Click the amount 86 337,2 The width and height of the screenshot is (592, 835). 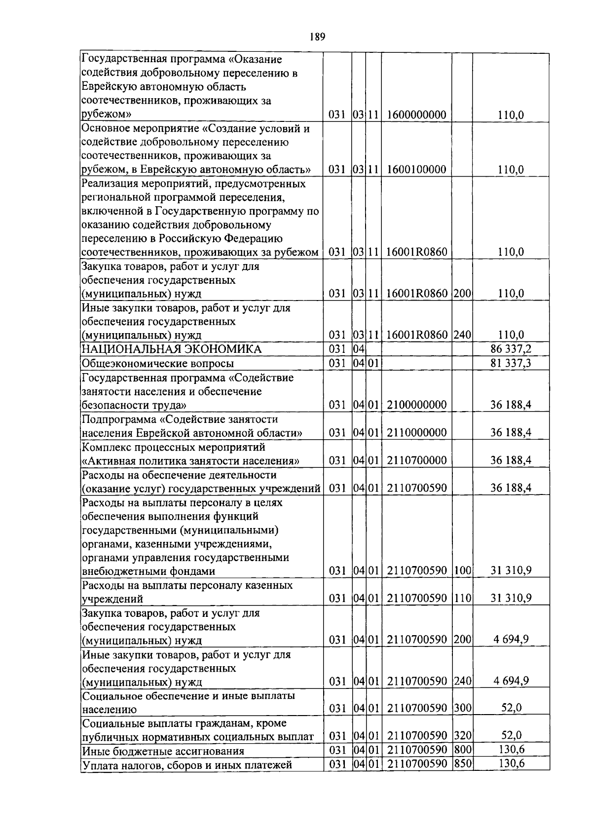[511, 349]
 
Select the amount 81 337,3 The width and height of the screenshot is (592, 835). [511, 364]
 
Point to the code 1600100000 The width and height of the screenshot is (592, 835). [417, 170]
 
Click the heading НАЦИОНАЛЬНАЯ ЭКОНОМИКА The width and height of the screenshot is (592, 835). [172, 349]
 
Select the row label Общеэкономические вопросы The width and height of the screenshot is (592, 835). [157, 364]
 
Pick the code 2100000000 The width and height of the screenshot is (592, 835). [417, 405]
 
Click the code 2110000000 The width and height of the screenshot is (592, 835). [417, 433]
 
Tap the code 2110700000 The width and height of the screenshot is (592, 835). [417, 460]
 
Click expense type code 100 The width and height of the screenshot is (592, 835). [462, 571]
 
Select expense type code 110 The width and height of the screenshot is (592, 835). [462, 599]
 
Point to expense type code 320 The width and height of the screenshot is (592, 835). [462, 736]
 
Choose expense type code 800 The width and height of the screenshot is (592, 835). [462, 750]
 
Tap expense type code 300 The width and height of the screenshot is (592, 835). [462, 709]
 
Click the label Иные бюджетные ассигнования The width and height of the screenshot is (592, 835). [163, 751]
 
